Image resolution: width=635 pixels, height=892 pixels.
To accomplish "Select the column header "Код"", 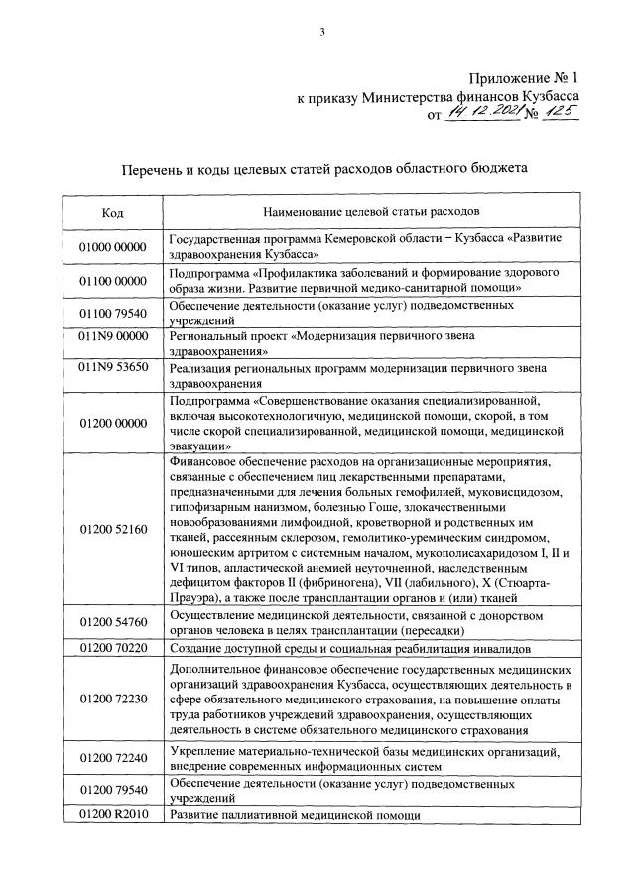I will click(x=113, y=212).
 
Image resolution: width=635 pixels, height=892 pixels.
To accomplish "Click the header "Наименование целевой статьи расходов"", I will click(x=370, y=212).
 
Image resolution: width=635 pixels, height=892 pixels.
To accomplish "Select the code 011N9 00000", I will click(x=113, y=336).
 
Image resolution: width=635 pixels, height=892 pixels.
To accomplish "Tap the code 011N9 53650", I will click(x=113, y=367).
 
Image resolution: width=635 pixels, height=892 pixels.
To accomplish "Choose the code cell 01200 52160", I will click(x=113, y=531).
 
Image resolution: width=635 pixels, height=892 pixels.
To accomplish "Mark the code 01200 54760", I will click(x=113, y=623).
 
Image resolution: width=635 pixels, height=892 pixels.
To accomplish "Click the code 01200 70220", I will click(x=113, y=648).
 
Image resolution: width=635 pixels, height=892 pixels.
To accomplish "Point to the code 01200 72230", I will click(x=113, y=699).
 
